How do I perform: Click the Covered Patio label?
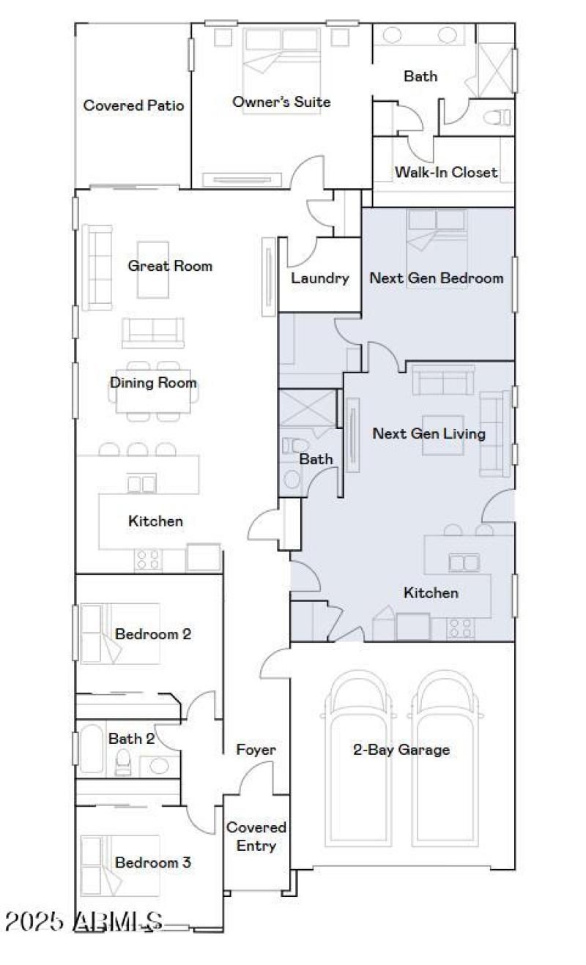coord(133,105)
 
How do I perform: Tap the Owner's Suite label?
coord(281,102)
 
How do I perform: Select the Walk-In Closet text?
coord(446,172)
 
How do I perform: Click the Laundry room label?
coord(319,278)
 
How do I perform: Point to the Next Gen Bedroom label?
coord(437,278)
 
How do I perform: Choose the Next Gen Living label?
coord(429,433)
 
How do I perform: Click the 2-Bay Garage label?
coord(401,750)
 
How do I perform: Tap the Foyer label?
coord(256,750)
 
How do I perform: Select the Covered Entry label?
coord(256,836)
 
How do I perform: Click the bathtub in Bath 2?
coord(92,748)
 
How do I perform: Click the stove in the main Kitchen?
coord(148,560)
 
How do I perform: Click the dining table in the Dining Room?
coord(153,393)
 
